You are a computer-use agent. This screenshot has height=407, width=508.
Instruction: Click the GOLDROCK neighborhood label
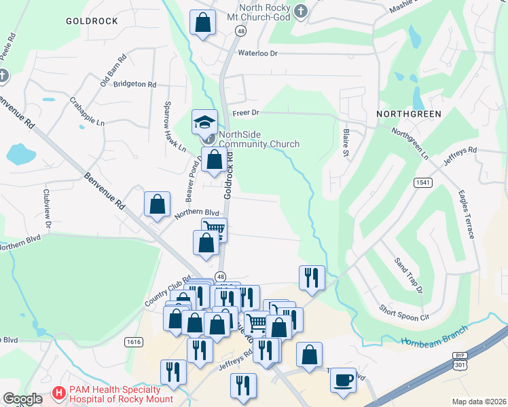coord(92,21)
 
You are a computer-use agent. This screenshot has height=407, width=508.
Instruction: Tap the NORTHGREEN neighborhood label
coord(408,114)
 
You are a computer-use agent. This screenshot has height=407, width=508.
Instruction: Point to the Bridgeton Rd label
coord(135,85)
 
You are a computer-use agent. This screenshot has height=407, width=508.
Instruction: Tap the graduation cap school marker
coord(204,122)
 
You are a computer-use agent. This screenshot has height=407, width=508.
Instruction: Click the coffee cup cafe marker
coord(343,379)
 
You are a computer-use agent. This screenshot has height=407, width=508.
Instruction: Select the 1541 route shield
coord(422,182)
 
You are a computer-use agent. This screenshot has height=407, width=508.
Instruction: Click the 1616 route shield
coord(134,342)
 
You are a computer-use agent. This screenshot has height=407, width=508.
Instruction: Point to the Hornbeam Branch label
coord(434,335)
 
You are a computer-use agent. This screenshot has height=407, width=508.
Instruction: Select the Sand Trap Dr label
coord(408,275)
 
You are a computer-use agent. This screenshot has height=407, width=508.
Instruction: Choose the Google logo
coord(22,398)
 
